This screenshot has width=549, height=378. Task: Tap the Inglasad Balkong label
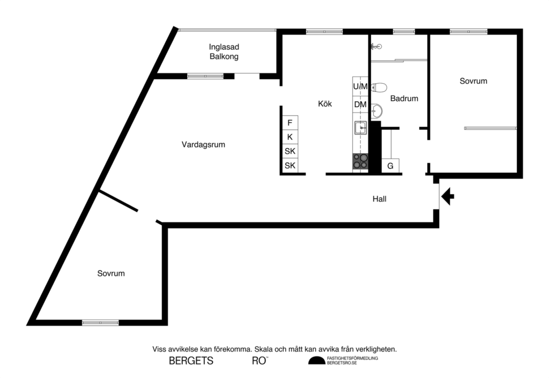click(224, 51)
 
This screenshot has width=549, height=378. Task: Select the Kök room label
click(325, 104)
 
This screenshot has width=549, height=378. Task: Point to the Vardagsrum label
click(203, 144)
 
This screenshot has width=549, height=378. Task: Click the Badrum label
click(404, 99)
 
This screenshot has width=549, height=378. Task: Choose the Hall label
click(380, 199)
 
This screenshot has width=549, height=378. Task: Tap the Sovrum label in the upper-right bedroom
click(473, 81)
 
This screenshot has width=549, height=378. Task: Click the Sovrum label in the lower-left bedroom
click(111, 273)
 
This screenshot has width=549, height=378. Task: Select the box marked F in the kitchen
click(290, 123)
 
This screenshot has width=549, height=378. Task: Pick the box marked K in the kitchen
click(290, 137)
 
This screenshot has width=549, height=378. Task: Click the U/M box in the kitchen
click(360, 86)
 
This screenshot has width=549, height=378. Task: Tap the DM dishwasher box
click(360, 105)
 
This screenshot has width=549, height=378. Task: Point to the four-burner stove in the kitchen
click(360, 161)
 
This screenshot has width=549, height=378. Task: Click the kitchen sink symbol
click(360, 128)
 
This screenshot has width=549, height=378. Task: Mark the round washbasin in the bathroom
click(377, 111)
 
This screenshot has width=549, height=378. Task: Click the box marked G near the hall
click(390, 166)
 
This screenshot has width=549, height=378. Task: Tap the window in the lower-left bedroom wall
click(100, 323)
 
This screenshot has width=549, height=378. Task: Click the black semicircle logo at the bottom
click(316, 361)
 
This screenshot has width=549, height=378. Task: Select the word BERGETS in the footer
click(191, 361)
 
